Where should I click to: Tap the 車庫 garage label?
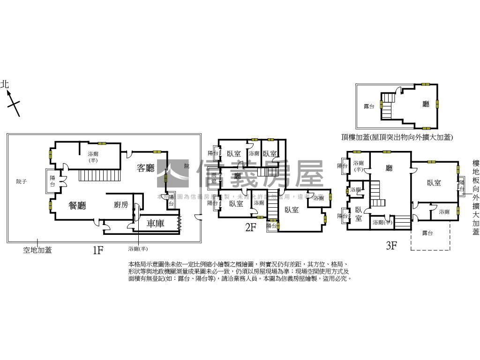click(156, 224)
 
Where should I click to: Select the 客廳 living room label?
click(145, 168)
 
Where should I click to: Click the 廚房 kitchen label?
click(120, 205)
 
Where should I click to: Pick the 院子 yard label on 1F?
click(22, 181)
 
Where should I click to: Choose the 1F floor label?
click(97, 250)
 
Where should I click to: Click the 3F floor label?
click(391, 245)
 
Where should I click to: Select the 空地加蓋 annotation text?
click(37, 250)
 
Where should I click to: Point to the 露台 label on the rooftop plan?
click(369, 106)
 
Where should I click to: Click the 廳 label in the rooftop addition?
click(426, 105)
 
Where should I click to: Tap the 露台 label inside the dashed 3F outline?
click(427, 233)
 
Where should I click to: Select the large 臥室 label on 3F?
click(434, 183)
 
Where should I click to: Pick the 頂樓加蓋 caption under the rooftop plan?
click(397, 137)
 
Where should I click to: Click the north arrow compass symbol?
click(13, 104)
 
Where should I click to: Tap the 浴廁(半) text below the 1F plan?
click(137, 248)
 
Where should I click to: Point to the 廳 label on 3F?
click(389, 168)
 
